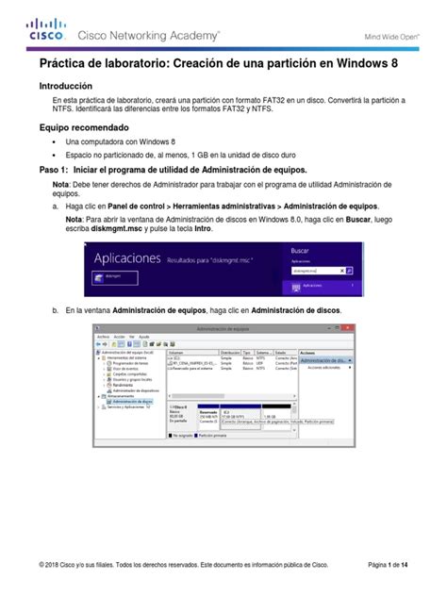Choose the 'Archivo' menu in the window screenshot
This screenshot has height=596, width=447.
(x=104, y=335)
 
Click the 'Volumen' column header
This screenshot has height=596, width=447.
(x=179, y=351)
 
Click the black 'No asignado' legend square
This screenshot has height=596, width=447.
(x=169, y=437)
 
